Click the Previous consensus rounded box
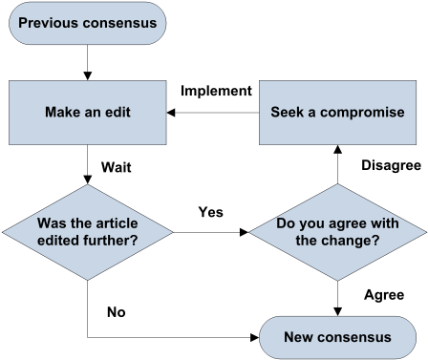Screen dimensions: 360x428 [x=87, y=23]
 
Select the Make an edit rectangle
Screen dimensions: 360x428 [x=87, y=112]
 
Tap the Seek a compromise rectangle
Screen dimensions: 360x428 [x=337, y=112]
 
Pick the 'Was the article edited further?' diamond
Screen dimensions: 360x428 [x=87, y=231]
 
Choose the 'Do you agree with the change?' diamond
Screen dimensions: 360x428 [x=337, y=232]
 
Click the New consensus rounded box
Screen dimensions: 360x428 [x=337, y=337]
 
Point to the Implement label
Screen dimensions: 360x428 [x=216, y=91]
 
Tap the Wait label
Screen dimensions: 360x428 [x=116, y=167]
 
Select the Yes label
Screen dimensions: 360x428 [x=210, y=212]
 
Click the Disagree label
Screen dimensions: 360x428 [x=391, y=165]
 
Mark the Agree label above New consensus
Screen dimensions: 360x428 [x=384, y=295]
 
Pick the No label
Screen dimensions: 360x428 [x=117, y=312]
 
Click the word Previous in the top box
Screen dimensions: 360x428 [x=51, y=23]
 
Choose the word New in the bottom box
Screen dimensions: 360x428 [x=299, y=337]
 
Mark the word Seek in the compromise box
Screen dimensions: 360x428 [x=287, y=112]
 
